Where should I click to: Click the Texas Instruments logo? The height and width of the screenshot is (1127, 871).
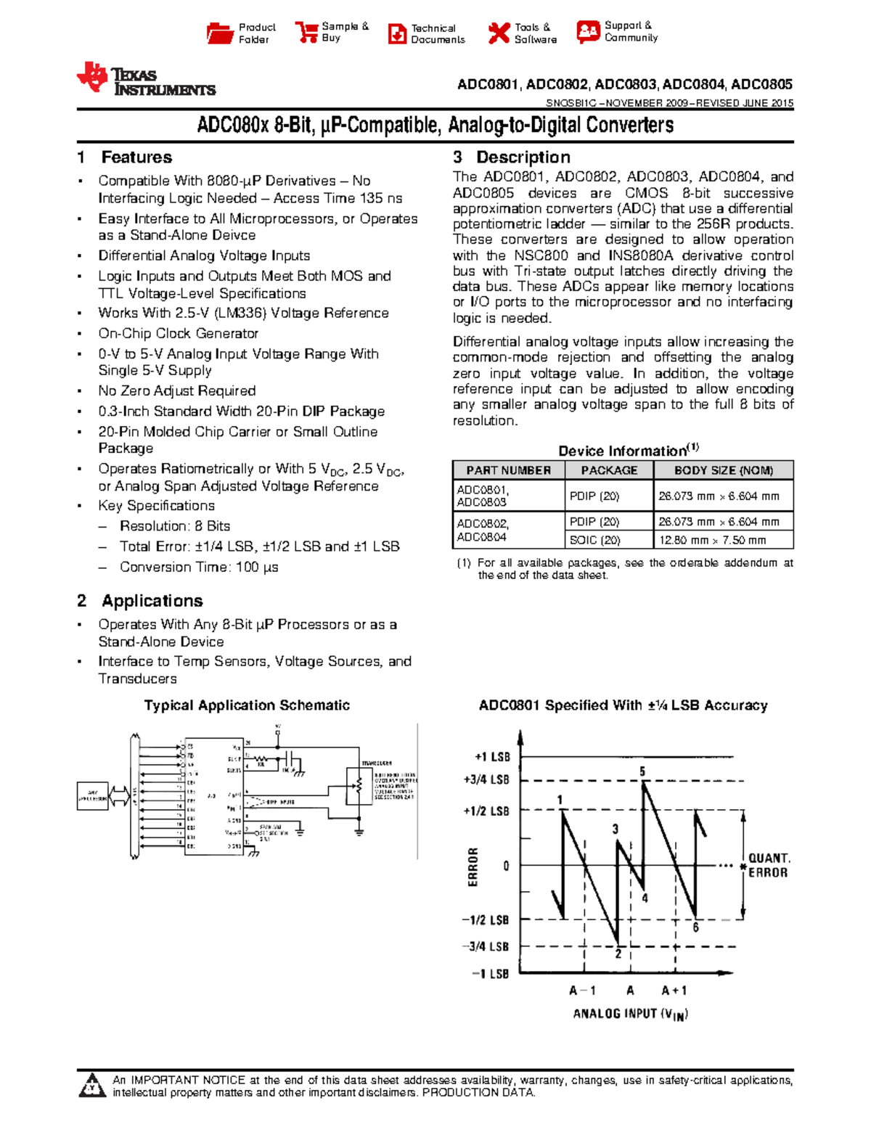146,79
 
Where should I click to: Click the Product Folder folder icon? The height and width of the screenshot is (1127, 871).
219,33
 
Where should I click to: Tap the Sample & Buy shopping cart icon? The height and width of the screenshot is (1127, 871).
307,33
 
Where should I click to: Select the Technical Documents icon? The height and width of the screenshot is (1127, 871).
397,34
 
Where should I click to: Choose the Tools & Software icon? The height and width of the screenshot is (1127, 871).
499,33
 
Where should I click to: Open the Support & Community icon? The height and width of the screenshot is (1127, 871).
588,32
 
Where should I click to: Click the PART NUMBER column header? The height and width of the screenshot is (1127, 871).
508,470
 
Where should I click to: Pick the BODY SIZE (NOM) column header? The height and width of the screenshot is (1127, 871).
723,470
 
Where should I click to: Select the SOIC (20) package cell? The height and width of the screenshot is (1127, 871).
594,540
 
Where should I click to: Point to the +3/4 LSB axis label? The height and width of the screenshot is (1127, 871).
486,780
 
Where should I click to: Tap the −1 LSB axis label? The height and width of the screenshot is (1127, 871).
490,974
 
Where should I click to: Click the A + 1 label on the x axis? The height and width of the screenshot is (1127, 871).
674,991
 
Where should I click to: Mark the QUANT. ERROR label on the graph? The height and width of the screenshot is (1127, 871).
769,865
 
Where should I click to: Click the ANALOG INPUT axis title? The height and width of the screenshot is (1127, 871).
629,1014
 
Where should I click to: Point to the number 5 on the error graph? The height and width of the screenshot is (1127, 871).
642,771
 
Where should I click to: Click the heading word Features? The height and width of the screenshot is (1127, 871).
136,157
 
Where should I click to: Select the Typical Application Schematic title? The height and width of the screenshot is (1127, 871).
247,705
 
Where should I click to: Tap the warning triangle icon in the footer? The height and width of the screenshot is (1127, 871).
92,1086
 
